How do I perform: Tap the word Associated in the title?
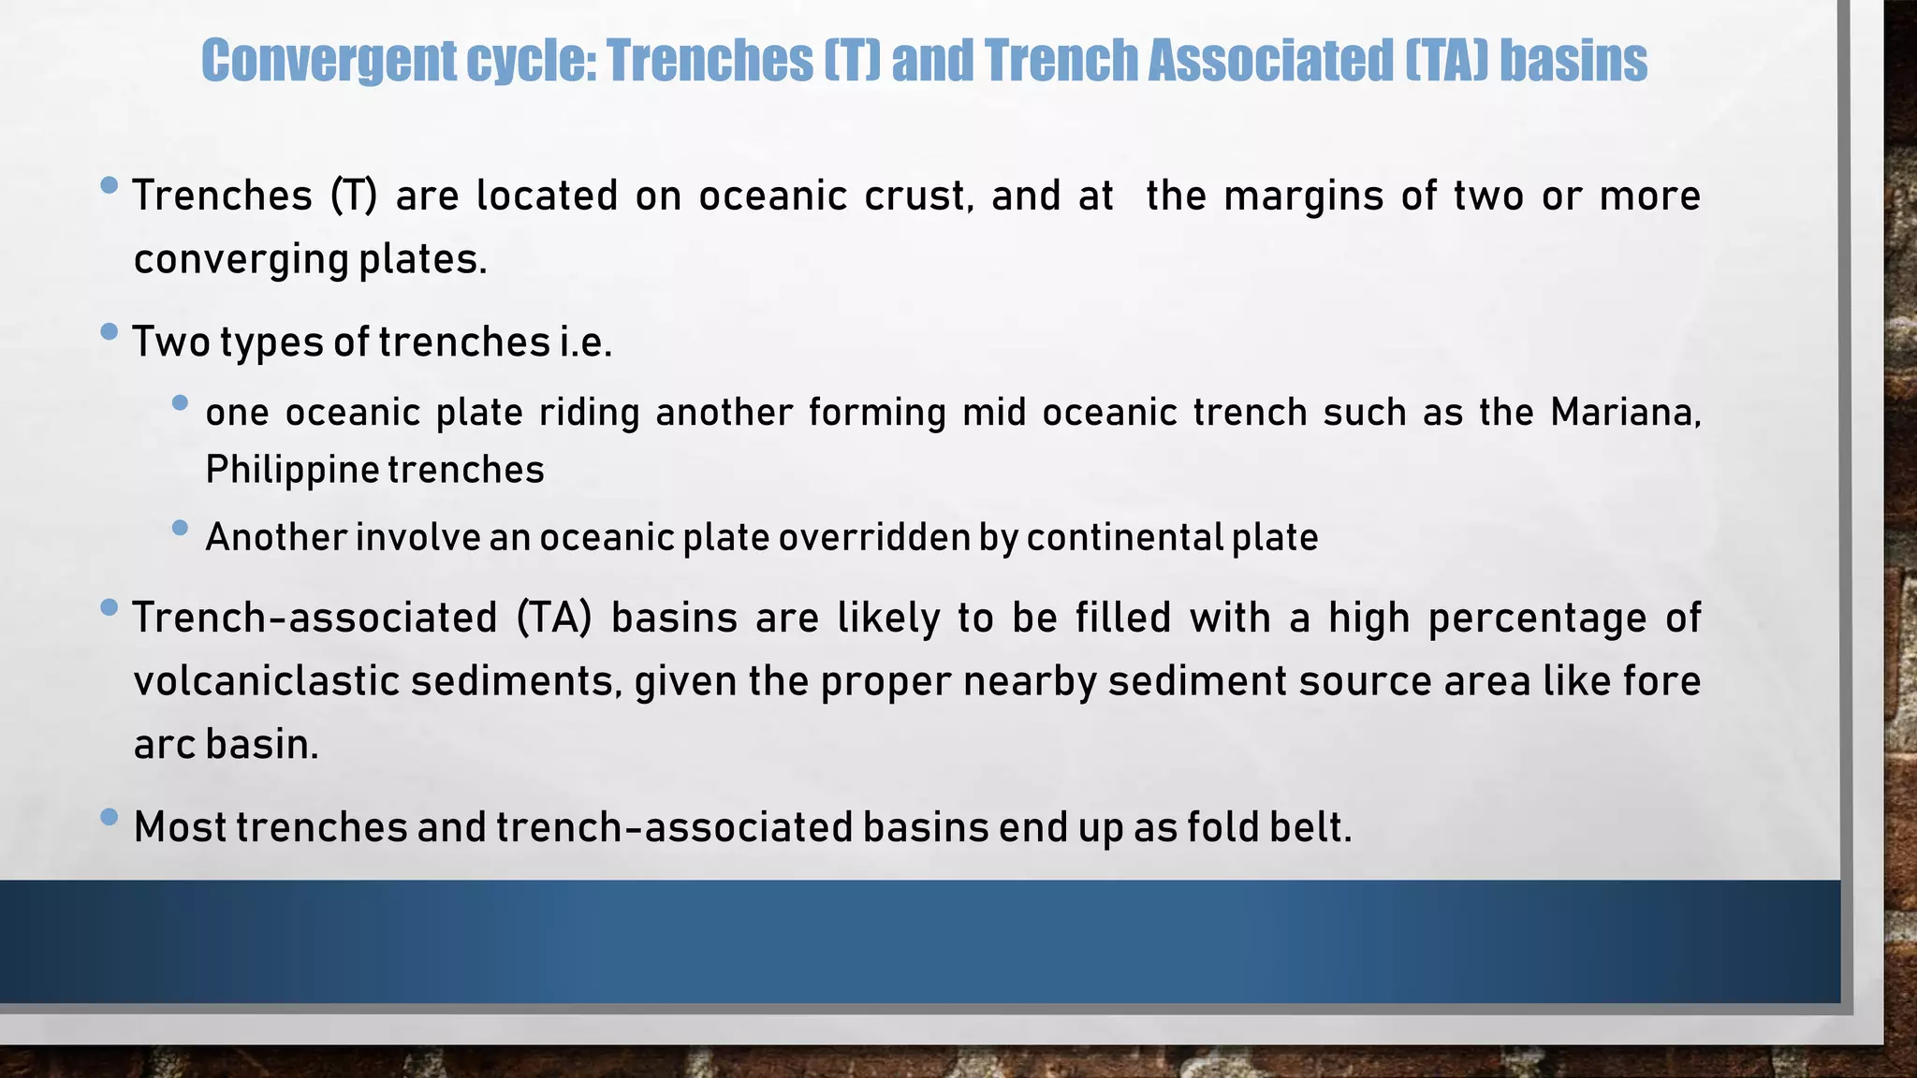tap(1269, 62)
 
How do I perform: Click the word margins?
tap(1303, 197)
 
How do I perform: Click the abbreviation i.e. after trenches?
tap(585, 342)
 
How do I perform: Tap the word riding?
tap(589, 413)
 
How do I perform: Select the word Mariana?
tap(1625, 413)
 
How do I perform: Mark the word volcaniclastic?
tap(266, 681)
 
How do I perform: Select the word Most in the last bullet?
tap(180, 827)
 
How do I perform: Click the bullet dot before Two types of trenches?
tap(109, 331)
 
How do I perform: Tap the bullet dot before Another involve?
tap(181, 528)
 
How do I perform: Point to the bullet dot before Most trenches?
tap(109, 817)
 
